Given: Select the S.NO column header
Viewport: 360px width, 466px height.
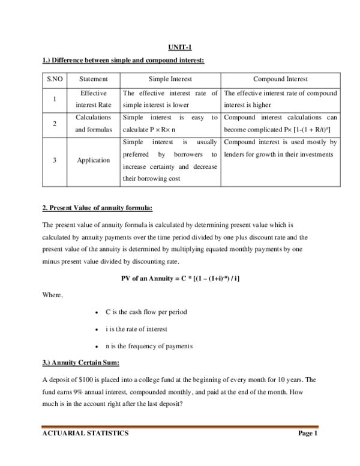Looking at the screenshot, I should click(x=55, y=79).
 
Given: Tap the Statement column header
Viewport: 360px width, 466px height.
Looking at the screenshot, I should click(x=93, y=79).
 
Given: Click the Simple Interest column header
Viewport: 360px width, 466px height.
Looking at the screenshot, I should click(x=170, y=79).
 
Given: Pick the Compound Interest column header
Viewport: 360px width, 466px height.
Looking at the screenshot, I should click(x=280, y=79).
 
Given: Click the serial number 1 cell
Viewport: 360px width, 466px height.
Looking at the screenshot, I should click(x=55, y=99).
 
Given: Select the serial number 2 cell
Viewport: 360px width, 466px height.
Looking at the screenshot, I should click(x=55, y=124).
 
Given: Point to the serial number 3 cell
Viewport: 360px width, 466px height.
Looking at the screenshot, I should click(x=55, y=160).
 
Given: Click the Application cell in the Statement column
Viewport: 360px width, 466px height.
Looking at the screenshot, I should click(x=93, y=160).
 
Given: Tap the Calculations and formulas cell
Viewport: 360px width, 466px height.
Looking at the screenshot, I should click(x=93, y=124).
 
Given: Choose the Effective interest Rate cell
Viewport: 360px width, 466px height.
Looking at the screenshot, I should click(x=93, y=99).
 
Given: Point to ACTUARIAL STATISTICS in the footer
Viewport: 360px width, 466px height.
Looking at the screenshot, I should click(x=85, y=434).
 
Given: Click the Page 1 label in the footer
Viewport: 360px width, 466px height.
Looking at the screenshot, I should click(x=307, y=434).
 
